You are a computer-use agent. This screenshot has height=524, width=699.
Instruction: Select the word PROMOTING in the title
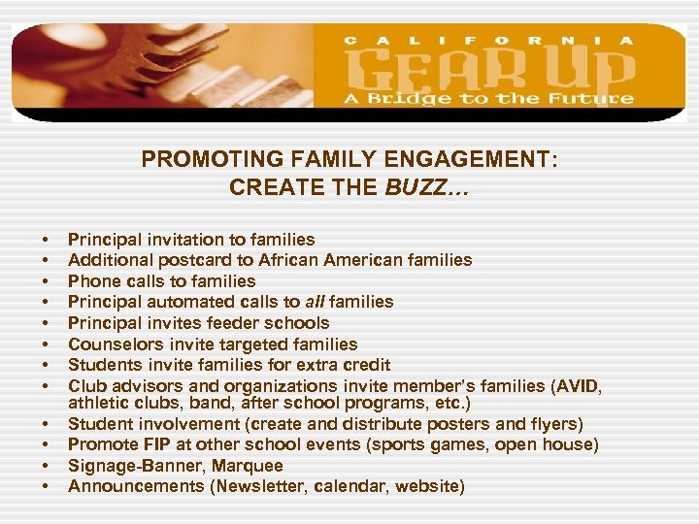(198, 159)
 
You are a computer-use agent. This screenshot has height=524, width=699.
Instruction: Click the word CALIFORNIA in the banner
(490, 40)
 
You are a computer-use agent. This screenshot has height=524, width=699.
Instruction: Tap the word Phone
(92, 281)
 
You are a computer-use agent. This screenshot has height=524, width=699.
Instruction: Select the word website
(426, 487)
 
